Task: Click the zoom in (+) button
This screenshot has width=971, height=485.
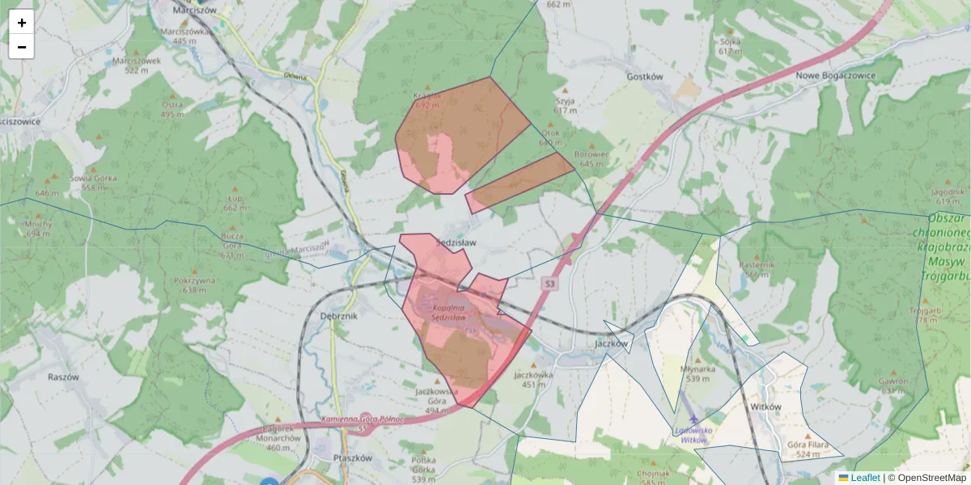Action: point(22,23)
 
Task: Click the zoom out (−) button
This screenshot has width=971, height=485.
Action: point(22,47)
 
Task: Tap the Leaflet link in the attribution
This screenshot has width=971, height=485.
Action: point(865,478)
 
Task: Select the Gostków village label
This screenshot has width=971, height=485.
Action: point(645,77)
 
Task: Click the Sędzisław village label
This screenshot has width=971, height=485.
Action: point(456,242)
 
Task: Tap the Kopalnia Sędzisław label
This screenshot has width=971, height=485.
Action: point(447,312)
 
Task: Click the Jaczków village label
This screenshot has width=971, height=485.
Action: point(611,343)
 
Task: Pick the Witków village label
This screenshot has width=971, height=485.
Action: point(765,407)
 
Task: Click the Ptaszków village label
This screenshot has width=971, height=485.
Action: point(352,458)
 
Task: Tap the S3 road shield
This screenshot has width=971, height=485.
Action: point(550,284)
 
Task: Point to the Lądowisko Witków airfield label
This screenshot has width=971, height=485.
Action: point(693,435)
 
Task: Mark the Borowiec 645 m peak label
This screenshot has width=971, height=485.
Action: point(592,158)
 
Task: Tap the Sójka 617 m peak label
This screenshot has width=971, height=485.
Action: point(730,45)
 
